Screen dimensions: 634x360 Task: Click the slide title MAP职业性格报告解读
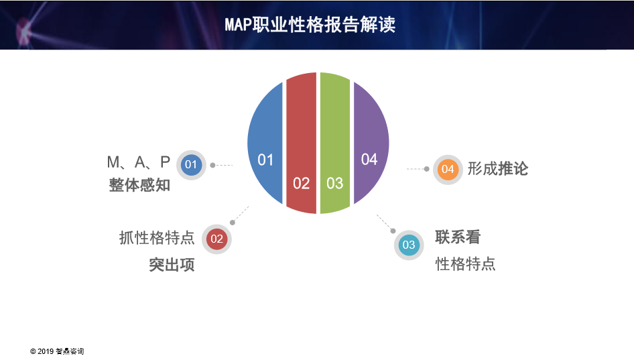pos(310,25)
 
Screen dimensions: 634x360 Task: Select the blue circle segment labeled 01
pos(265,143)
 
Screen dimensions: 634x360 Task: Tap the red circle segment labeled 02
pos(301,143)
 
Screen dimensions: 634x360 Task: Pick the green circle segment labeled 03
pos(335,143)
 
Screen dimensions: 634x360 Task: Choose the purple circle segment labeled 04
pos(371,143)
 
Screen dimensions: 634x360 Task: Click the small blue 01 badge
pos(191,165)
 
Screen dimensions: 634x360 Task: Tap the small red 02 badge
pos(216,239)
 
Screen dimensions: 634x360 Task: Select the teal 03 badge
pos(409,245)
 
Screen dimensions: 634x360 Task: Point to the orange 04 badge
pos(448,170)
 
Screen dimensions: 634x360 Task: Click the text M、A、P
pos(138,162)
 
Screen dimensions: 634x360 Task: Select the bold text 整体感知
pos(139,185)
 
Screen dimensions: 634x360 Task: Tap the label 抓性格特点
pos(157,238)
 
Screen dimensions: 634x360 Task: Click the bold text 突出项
pos(172,265)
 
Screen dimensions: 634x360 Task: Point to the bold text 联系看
pos(458,237)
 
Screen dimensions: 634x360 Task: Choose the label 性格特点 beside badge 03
pos(465,264)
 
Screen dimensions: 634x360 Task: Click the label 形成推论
pos(498,169)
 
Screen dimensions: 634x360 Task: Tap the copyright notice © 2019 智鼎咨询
pos(57,351)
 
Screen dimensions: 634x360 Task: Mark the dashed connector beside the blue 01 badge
pos(222,165)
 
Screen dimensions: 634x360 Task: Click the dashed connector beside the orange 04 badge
pos(418,169)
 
